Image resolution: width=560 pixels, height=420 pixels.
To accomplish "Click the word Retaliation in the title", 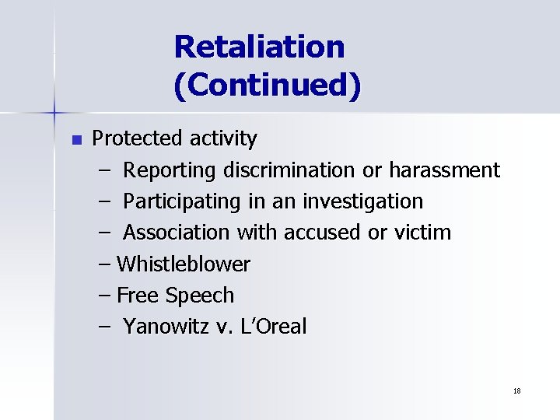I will point(259,47).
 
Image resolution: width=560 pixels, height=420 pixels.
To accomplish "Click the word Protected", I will point(136,139).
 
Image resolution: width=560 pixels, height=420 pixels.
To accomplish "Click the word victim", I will point(423,233).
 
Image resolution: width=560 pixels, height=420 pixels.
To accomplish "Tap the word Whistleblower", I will point(184,264).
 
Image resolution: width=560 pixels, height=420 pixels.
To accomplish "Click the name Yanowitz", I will point(167,327).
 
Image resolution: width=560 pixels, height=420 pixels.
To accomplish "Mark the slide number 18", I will point(516,390).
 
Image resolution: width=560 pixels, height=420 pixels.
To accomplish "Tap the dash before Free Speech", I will point(105,296).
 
